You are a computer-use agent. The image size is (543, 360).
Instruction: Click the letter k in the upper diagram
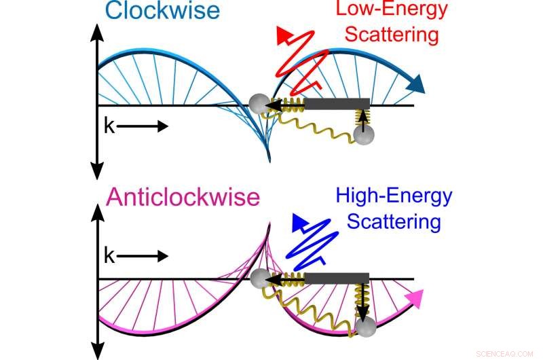pos(109,126)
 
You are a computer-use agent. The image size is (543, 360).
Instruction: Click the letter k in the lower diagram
pos(109,256)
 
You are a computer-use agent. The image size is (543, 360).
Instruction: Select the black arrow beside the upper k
pos(145,126)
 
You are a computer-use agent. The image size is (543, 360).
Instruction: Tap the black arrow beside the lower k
pos(145,257)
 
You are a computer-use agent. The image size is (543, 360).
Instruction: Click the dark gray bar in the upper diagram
pos(337,104)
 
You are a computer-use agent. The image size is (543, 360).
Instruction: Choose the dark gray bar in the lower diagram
pos(337,278)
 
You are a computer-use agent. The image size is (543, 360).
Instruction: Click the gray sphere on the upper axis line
pos(258,104)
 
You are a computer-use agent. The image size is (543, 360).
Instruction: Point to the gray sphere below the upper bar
pos(364,135)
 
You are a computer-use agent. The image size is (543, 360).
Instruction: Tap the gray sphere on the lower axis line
pos(259,278)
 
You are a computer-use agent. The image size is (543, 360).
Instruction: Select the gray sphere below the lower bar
pos(365,329)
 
